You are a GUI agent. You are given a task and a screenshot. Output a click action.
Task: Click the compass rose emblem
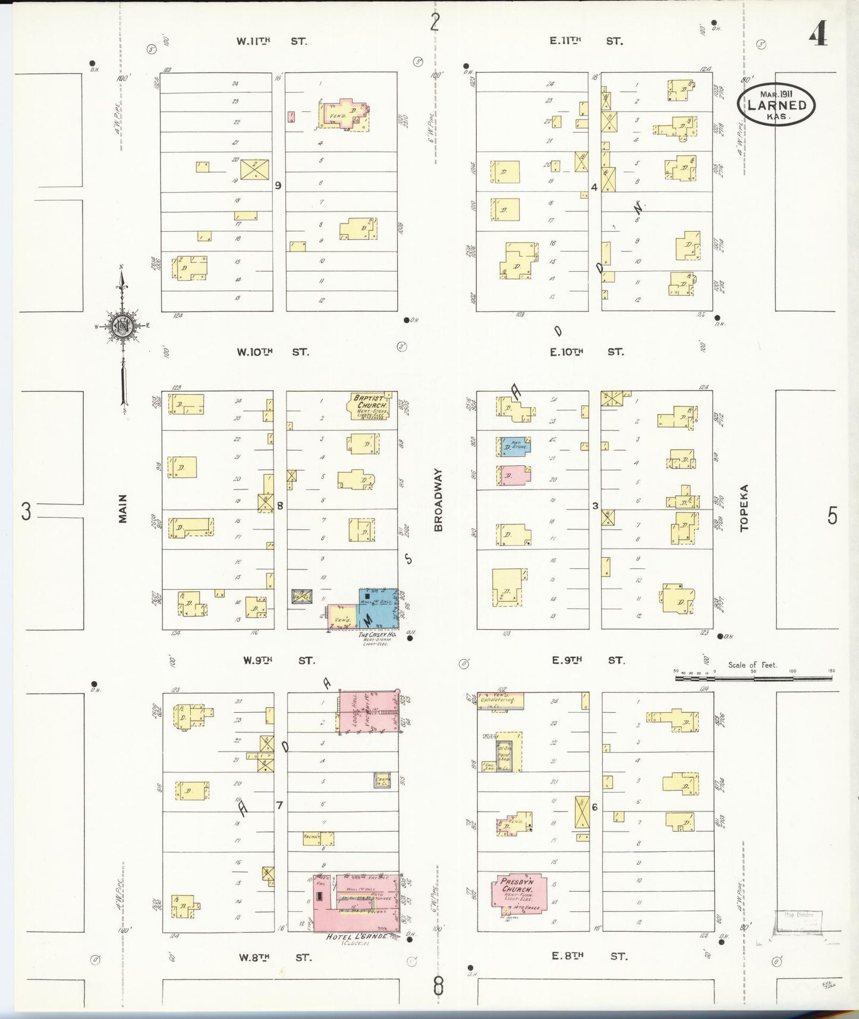tap(123, 327)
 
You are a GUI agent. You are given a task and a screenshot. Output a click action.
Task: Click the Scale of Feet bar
tap(754, 671)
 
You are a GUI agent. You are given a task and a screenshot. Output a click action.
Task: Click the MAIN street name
tap(123, 509)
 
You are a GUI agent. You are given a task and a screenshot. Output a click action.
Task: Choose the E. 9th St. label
tap(587, 660)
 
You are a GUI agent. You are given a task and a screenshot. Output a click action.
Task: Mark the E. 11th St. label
tap(586, 41)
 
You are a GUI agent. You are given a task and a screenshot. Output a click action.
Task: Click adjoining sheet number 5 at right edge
tap(832, 515)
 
